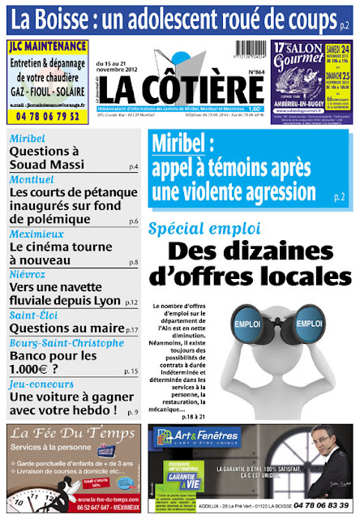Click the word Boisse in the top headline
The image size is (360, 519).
coord(69,16)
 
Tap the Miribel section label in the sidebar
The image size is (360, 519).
coord(28,139)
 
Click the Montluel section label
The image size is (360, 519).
coord(32,179)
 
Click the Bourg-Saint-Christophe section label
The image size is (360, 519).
coord(64,343)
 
